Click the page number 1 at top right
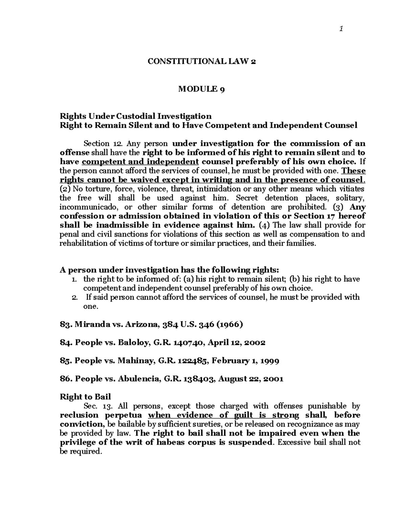click(x=342, y=29)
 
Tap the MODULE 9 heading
click(x=202, y=89)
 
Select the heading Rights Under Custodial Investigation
click(x=135, y=116)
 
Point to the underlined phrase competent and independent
click(x=140, y=162)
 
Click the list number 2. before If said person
click(x=75, y=297)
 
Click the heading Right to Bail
click(x=85, y=397)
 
